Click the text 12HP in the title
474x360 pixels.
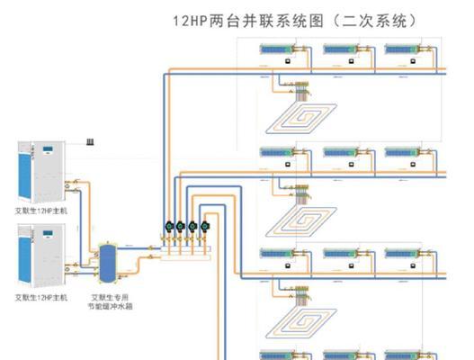click(190, 22)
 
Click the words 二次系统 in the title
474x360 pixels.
click(374, 22)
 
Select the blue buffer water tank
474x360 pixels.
click(108, 263)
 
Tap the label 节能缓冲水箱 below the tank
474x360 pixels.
click(111, 306)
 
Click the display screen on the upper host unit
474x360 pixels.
click(48, 149)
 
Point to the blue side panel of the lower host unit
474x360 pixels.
click(24, 259)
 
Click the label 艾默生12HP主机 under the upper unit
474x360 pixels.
click(41, 211)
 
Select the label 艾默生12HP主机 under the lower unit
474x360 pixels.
click(41, 298)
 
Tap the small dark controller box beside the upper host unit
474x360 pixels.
click(90, 141)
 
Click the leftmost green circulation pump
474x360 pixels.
click(169, 226)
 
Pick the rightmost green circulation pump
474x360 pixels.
click(205, 226)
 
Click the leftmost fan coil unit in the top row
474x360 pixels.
click(276, 49)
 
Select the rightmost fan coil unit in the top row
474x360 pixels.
click(401, 49)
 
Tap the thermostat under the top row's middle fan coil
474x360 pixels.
click(351, 61)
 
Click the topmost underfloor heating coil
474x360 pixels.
click(301, 118)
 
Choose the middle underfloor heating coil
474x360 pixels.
click(301, 221)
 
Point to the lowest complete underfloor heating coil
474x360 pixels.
click(301, 323)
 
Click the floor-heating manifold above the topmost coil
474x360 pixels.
click(301, 90)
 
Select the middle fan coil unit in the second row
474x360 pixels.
click(339, 152)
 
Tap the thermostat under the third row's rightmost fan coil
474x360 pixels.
click(413, 265)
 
